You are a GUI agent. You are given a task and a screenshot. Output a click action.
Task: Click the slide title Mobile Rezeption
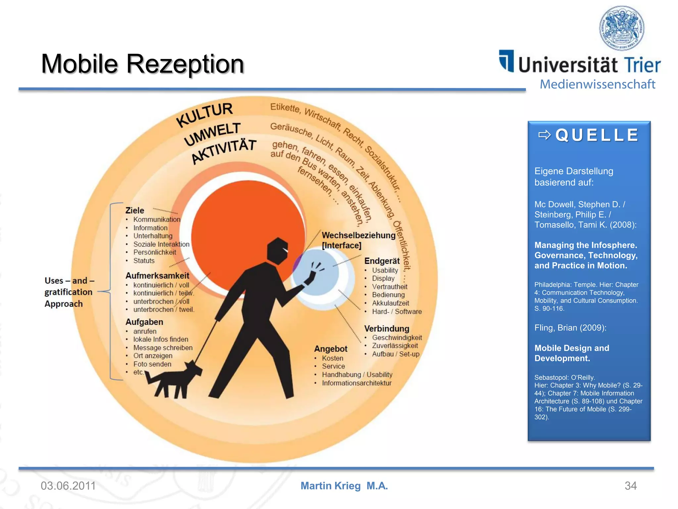coord(142,64)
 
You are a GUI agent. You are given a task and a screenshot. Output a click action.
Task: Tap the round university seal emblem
coord(622,28)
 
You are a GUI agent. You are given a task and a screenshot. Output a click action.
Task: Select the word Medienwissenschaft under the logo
coord(597,84)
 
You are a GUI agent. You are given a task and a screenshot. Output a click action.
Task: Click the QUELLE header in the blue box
coord(597,135)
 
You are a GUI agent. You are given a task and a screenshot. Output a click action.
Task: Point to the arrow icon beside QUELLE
coord(544,135)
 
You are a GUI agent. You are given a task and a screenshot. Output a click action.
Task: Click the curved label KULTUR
coord(205,114)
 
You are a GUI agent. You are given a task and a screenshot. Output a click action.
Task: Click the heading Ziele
coord(135,210)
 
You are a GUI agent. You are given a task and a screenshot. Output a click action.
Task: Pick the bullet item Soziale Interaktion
coord(161,244)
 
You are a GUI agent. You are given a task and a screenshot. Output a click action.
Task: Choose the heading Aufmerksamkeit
coord(157,276)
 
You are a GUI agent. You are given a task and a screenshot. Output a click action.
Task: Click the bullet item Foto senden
coord(152,364)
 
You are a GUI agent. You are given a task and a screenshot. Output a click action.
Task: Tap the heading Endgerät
coord(382,261)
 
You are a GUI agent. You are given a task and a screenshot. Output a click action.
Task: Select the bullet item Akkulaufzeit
coord(390,303)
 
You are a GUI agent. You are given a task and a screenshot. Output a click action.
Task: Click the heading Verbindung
coord(387,329)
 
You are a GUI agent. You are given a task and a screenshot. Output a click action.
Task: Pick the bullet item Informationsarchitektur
coord(357,383)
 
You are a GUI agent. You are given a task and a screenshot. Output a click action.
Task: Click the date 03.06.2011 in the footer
coord(68,486)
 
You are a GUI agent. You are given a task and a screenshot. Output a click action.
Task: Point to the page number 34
coord(630,486)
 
